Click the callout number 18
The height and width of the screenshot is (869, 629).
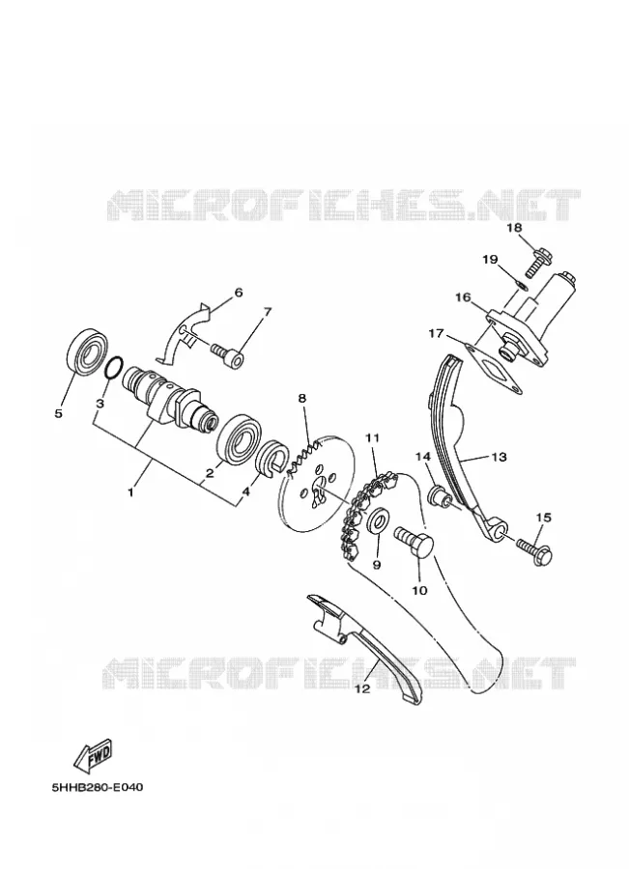coord(514,228)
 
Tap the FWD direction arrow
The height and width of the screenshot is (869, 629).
coord(94,755)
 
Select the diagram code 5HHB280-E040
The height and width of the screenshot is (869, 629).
coord(97,787)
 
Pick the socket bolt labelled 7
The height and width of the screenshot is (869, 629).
coord(227,355)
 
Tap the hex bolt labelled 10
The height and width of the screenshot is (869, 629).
coord(415,542)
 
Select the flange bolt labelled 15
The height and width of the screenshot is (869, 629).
coord(533,548)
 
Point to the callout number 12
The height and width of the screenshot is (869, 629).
coord(361,689)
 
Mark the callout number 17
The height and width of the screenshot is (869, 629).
coord(436,334)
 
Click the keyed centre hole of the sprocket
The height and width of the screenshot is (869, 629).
coord(319,491)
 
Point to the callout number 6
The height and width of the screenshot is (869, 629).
coord(239,292)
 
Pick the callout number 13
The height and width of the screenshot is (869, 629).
coord(499,457)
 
